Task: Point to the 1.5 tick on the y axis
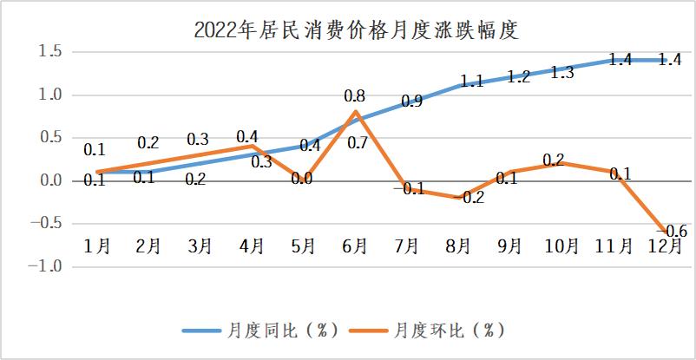pos(49,52)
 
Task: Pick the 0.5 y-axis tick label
pos(49,138)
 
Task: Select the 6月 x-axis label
pos(355,245)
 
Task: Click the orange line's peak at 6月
pos(354,112)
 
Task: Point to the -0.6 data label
pos(674,231)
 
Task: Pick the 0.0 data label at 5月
pos(302,179)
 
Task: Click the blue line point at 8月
pos(457,87)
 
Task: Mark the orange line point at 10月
pos(561,163)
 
